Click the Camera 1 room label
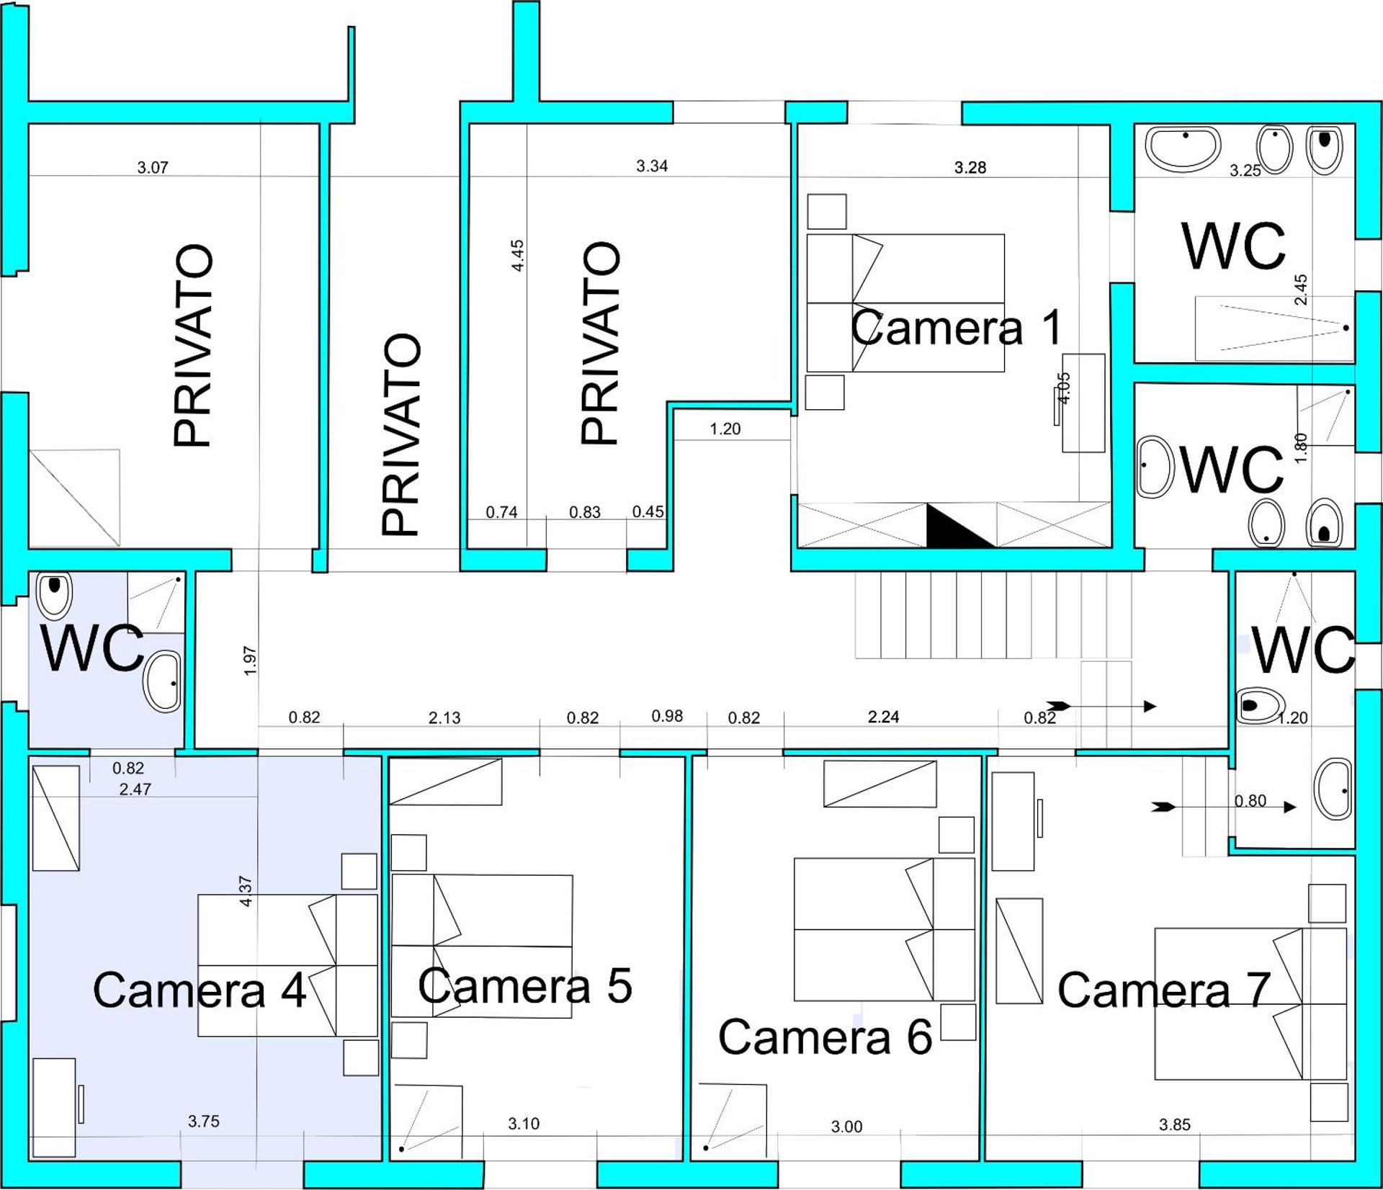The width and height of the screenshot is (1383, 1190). tap(957, 328)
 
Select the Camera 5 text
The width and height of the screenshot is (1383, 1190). tap(525, 985)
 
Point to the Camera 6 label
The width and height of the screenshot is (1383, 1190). tap(825, 1037)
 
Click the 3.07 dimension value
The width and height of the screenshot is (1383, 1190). tap(153, 168)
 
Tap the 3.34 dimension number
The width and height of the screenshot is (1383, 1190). tap(652, 166)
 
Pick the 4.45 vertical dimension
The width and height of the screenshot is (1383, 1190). tap(517, 256)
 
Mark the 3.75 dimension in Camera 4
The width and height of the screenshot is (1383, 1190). tap(204, 1121)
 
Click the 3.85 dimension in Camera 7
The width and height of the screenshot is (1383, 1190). tap(1175, 1124)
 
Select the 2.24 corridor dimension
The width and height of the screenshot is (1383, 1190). tap(884, 717)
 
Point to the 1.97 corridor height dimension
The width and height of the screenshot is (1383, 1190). tap(250, 661)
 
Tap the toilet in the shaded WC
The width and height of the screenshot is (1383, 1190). tap(54, 596)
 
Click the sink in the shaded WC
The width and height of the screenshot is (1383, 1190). tap(163, 681)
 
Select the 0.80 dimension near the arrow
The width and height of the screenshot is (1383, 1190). tap(1250, 801)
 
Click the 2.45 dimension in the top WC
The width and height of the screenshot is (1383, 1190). tap(1301, 290)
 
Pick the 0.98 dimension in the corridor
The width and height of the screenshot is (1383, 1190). tap(667, 716)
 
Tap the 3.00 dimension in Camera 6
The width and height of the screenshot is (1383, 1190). tap(846, 1127)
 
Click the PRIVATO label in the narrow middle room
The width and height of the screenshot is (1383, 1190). tap(400, 434)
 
